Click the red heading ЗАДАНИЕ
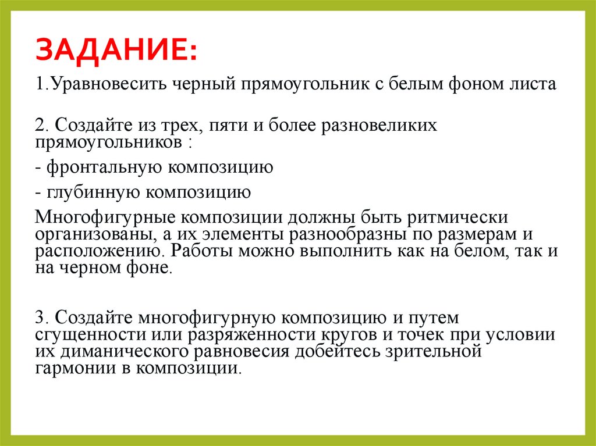116,50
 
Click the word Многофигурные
105,218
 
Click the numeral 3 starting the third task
39,318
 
